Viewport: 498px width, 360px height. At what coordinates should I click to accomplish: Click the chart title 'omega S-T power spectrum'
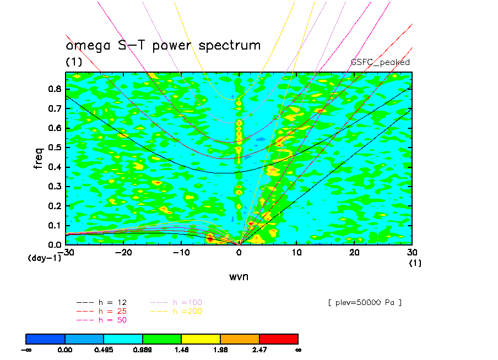163,45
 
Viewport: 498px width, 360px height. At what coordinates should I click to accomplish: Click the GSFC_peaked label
380,62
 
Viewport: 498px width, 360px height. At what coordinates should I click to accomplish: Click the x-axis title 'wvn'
239,276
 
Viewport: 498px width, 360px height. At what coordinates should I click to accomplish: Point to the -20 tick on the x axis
123,252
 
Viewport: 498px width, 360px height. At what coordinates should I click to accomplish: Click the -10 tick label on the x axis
181,252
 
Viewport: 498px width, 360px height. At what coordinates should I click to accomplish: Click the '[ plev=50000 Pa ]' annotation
364,303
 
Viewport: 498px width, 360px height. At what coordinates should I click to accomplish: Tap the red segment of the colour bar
279,339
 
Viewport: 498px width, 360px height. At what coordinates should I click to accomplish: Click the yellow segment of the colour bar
201,339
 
